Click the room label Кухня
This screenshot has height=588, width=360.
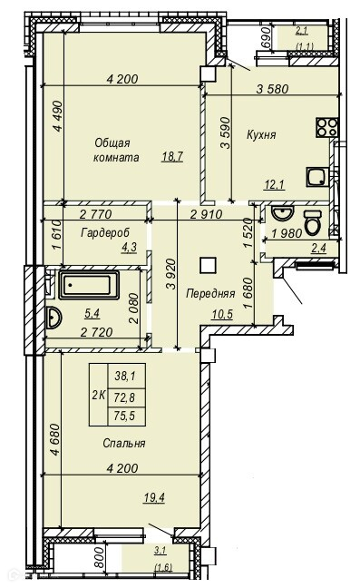(261, 135)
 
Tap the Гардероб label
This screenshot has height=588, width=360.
(105, 233)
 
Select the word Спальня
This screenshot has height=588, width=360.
(123, 444)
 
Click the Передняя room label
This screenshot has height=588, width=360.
(210, 294)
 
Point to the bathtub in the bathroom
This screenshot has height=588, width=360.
(89, 285)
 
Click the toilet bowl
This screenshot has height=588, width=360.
(313, 222)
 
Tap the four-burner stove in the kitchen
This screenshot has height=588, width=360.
(327, 127)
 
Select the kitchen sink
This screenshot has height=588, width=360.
(317, 177)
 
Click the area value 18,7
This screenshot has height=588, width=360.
(172, 156)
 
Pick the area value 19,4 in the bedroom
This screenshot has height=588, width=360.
(154, 497)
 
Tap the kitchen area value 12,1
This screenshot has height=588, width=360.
(274, 184)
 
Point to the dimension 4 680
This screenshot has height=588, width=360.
(54, 439)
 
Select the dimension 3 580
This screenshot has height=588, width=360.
(272, 89)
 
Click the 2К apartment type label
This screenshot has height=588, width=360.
(98, 395)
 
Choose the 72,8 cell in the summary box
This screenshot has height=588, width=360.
(125, 396)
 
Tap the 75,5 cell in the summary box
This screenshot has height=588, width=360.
(125, 416)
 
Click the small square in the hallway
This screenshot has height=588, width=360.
(208, 265)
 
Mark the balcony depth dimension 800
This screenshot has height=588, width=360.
(99, 558)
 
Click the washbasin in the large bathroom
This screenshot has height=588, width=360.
(53, 318)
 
